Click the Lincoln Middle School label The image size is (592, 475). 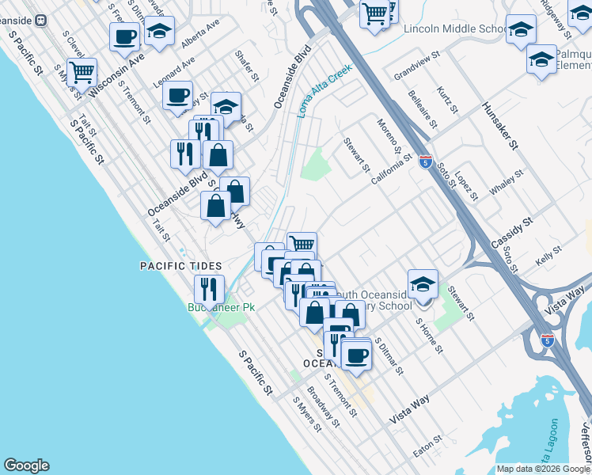[x=454, y=29]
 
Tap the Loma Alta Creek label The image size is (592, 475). [x=324, y=91]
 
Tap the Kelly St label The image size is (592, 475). [x=548, y=253]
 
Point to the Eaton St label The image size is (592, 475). [x=427, y=446]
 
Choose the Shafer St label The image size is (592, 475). [x=246, y=66]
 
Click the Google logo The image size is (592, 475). [x=26, y=465]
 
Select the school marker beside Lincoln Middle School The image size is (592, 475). [x=520, y=32]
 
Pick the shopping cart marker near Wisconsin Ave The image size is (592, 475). [x=81, y=73]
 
